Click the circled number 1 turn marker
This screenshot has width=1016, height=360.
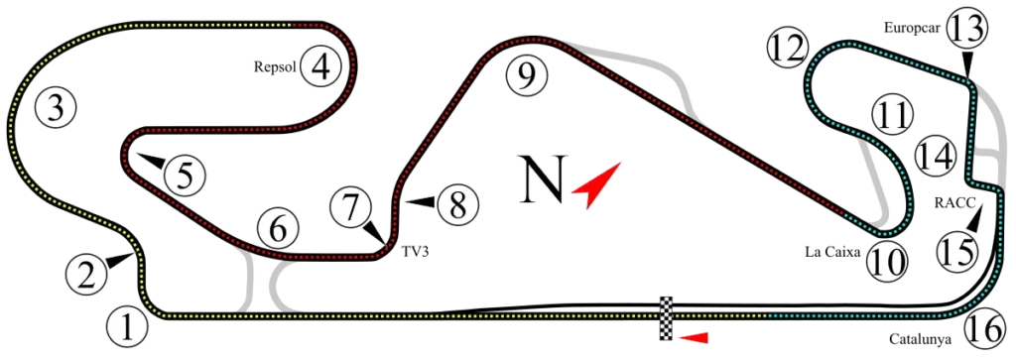(127, 327)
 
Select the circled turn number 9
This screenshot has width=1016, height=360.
(528, 75)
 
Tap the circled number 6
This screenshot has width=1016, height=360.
(278, 229)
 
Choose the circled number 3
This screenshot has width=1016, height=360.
(56, 107)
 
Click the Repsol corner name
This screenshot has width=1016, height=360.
(275, 66)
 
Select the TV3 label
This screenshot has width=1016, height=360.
(415, 253)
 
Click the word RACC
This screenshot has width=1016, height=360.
(954, 202)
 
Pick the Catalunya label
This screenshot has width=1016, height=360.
(920, 338)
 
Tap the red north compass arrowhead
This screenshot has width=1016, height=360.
(595, 185)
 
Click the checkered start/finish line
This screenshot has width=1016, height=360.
(666, 318)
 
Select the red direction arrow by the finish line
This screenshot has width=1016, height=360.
(693, 337)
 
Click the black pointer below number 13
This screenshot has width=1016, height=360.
(967, 66)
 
